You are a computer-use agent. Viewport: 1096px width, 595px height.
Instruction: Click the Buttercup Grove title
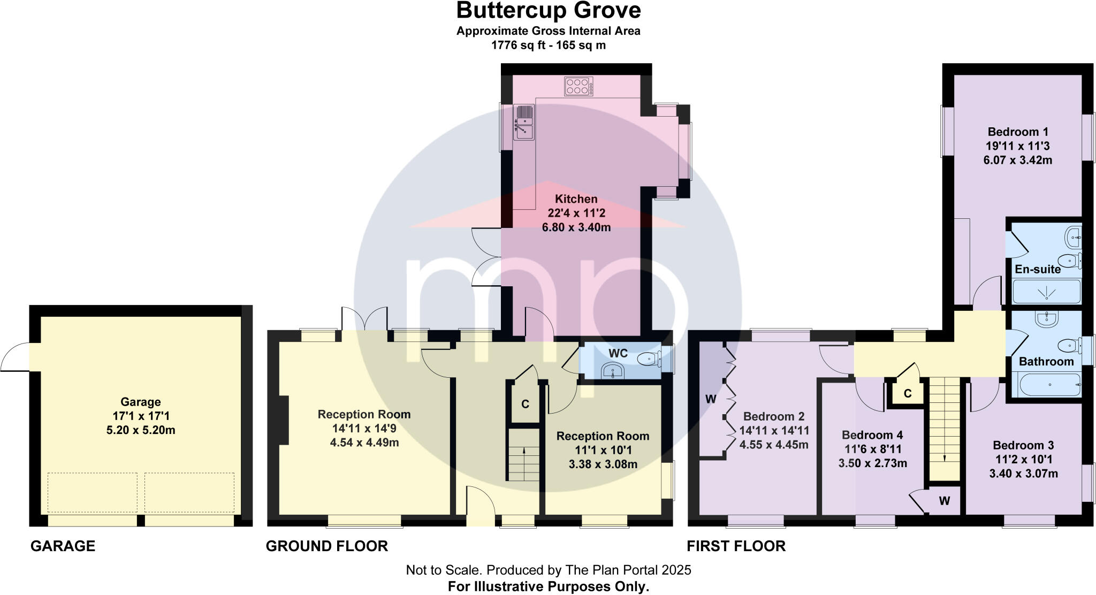(548, 11)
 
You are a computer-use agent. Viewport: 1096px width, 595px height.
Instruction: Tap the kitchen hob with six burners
(579, 87)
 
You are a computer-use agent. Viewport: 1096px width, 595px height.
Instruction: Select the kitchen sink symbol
(524, 123)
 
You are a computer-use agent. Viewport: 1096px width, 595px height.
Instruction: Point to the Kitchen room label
(576, 199)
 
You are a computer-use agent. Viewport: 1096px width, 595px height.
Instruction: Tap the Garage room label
(141, 402)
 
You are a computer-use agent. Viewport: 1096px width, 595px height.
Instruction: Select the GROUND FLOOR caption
(326, 546)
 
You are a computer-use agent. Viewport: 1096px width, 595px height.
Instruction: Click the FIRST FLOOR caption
(736, 546)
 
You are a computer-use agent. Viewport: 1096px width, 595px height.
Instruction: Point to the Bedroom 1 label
(1018, 132)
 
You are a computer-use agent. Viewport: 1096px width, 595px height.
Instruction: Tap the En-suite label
(1038, 269)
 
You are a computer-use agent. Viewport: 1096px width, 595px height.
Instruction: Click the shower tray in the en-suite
(1046, 292)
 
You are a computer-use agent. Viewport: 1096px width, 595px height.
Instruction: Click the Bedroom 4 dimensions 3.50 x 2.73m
(872, 463)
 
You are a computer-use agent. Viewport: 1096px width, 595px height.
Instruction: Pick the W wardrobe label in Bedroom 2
(711, 399)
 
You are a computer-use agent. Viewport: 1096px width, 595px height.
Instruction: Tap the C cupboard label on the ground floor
(525, 404)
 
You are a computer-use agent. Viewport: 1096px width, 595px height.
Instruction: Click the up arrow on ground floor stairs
(523, 451)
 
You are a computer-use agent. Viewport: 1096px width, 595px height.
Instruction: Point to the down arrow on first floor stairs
(945, 457)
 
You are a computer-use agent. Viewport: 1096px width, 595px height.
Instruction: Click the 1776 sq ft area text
(548, 45)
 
